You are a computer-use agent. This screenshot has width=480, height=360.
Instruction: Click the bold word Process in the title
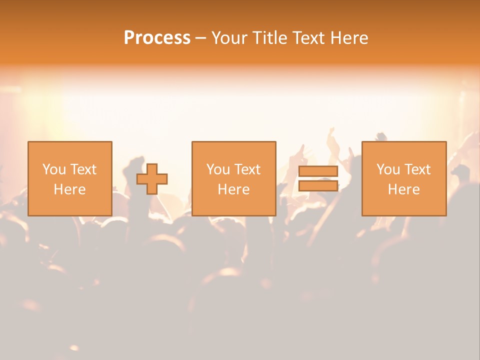pyautogui.click(x=157, y=38)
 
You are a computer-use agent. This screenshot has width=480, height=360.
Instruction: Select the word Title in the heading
pyautogui.click(x=270, y=38)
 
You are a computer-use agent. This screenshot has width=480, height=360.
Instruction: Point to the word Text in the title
pyautogui.click(x=311, y=38)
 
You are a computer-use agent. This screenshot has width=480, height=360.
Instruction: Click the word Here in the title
pyautogui.click(x=350, y=38)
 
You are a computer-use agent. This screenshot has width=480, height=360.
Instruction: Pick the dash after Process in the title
pyautogui.click(x=201, y=38)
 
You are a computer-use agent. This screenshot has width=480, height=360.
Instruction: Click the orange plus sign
pyautogui.click(x=152, y=179)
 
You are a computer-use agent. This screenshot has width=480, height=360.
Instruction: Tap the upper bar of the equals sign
pyautogui.click(x=318, y=171)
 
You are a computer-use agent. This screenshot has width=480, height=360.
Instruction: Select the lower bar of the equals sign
pyautogui.click(x=318, y=185)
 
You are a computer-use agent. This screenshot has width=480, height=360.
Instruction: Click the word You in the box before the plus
pyautogui.click(x=54, y=169)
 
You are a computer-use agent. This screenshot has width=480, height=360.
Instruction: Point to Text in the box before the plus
pyautogui.click(x=83, y=169)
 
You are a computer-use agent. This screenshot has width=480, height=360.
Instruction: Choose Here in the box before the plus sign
pyautogui.click(x=69, y=189)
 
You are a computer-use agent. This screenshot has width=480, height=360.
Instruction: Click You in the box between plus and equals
pyautogui.click(x=218, y=169)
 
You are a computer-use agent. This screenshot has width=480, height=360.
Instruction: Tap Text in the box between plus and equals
pyautogui.click(x=247, y=169)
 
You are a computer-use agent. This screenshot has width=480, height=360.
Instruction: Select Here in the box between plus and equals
pyautogui.click(x=233, y=189)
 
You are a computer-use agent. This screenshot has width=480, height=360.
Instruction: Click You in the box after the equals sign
pyautogui.click(x=388, y=169)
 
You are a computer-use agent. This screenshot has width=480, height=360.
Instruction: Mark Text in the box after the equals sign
pyautogui.click(x=417, y=169)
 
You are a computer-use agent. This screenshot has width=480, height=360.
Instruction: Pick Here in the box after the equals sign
pyautogui.click(x=403, y=189)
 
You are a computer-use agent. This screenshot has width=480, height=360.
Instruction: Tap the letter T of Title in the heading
pyautogui.click(x=255, y=38)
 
